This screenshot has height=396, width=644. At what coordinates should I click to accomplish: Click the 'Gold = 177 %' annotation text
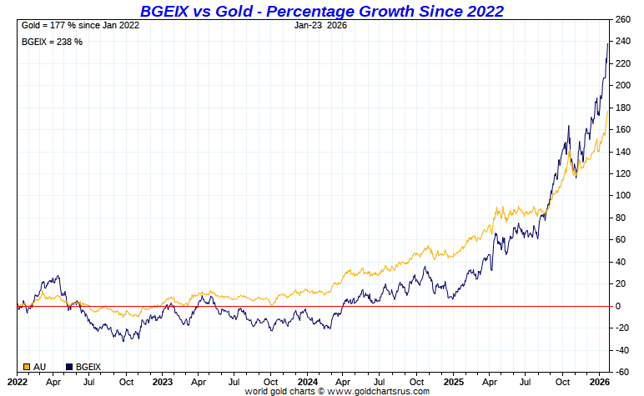pos(78,25)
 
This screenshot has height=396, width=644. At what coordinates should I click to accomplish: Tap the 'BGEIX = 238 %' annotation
pos(51,42)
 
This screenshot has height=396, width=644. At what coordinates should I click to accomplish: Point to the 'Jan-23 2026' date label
pos(320,25)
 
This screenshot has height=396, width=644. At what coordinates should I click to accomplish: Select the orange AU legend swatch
pos(27,366)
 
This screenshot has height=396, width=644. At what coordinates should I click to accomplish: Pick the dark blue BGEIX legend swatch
pos(69,366)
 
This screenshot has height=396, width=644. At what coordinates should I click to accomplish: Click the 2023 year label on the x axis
pos(162,382)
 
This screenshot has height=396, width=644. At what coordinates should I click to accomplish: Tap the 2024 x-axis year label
pos(307,382)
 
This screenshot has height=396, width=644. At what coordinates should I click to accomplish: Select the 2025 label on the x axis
pos(453,382)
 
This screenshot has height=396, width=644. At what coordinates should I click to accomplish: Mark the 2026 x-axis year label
pos(597,382)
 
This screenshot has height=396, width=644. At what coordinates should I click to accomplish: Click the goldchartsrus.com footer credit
pos(337,391)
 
